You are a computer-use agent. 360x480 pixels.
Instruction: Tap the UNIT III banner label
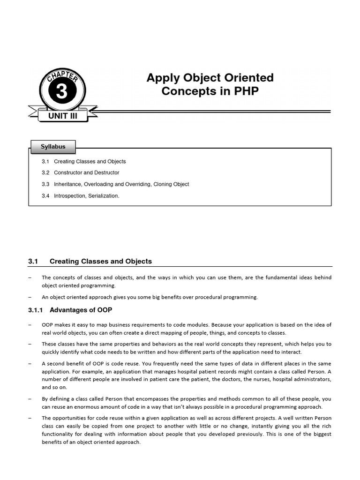click(x=62, y=116)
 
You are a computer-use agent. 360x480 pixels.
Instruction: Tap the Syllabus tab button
click(x=53, y=147)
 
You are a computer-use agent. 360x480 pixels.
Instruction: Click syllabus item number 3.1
click(x=45, y=162)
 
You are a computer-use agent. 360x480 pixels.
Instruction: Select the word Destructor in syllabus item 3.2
click(x=107, y=173)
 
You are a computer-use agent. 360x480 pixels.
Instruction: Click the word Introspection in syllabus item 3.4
click(x=69, y=196)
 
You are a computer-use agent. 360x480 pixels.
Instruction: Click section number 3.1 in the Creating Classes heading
click(x=33, y=262)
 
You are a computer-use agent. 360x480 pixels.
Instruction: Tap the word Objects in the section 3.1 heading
click(x=139, y=262)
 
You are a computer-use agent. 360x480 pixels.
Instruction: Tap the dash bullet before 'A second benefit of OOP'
click(x=30, y=364)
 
